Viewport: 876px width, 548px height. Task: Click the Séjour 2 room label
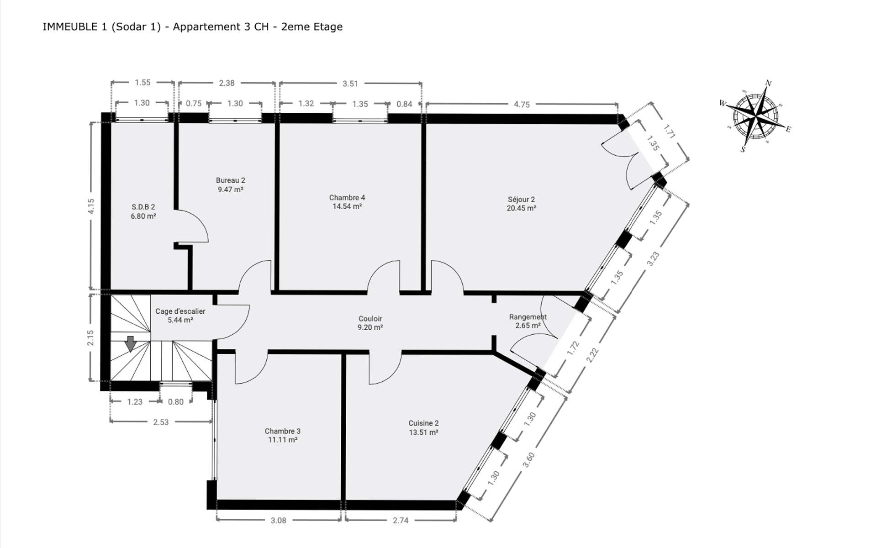point(521,200)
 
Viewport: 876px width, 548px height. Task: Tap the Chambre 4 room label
point(347,198)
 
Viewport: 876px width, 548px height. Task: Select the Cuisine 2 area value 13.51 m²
point(423,432)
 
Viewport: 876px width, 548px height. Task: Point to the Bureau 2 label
point(231,180)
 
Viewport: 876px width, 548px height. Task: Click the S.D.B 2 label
point(143,207)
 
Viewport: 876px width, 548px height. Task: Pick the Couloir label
point(370,319)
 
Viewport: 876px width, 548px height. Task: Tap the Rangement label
point(528,317)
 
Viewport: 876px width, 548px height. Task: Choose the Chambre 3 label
point(283,431)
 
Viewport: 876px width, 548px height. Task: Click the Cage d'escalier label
point(180,311)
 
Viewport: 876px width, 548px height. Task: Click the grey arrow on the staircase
point(131,344)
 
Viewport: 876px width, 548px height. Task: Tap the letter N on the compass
point(768,83)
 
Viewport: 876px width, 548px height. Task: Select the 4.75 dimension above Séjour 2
point(522,105)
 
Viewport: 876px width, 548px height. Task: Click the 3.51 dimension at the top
point(350,84)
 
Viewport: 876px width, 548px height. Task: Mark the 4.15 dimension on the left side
point(91,206)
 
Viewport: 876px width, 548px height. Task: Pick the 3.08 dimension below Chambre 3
point(278,520)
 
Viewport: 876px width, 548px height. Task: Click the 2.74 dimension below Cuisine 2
point(401,520)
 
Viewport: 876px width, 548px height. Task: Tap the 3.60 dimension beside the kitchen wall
point(528,459)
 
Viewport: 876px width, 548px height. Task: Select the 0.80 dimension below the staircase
point(176,402)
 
